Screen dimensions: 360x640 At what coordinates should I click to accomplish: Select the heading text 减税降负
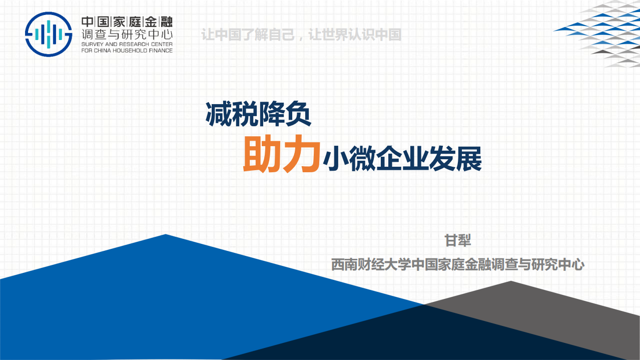258,115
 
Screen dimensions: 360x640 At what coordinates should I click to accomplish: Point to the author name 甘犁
458,240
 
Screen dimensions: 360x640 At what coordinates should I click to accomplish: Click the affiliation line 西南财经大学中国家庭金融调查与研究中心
457,264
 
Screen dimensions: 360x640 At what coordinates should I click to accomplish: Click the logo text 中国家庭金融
127,22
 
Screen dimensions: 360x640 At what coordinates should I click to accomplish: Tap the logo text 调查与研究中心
127,35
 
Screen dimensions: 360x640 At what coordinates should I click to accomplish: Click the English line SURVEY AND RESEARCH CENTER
127,44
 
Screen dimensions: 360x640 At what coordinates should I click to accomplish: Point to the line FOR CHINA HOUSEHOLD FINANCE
127,50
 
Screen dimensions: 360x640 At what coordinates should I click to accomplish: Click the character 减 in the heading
219,115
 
